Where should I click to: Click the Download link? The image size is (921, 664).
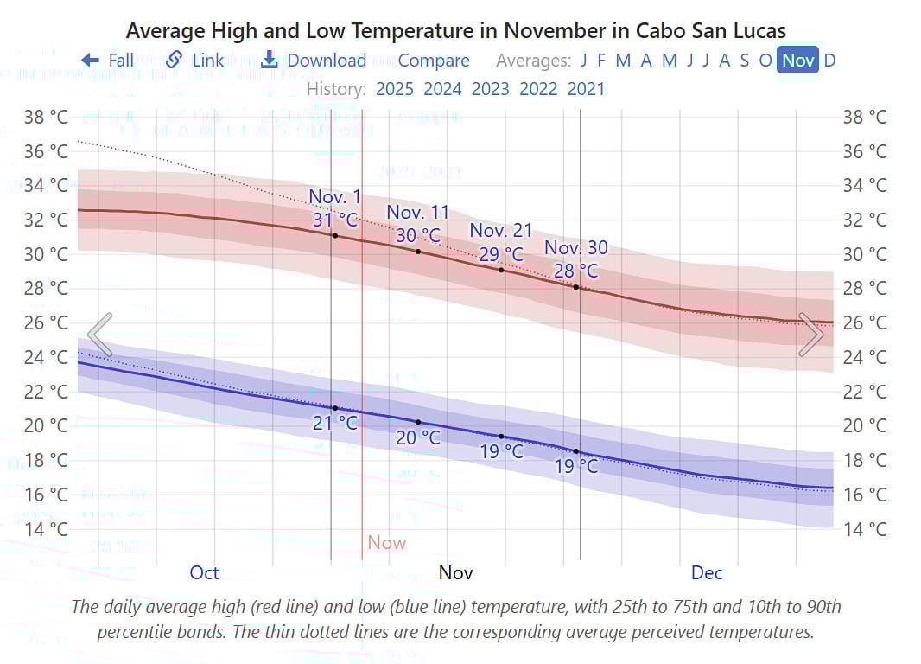(314, 61)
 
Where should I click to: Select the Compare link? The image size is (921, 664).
(434, 61)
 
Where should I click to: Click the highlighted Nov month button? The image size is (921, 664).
(797, 61)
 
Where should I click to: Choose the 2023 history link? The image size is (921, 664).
(490, 88)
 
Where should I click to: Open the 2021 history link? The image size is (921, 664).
(586, 88)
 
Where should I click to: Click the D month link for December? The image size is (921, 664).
(829, 61)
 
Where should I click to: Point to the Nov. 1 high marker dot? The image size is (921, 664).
(335, 235)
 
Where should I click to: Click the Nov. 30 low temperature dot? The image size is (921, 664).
(576, 451)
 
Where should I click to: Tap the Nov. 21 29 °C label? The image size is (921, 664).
(501, 254)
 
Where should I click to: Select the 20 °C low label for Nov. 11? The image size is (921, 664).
(418, 437)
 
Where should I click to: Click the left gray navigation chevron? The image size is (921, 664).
(100, 335)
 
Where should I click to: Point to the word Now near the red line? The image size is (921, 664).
(386, 543)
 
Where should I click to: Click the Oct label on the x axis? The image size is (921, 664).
(205, 572)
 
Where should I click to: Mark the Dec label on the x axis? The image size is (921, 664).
(707, 572)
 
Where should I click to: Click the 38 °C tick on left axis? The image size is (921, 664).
(47, 117)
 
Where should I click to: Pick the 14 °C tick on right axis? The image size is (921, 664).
(865, 529)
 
